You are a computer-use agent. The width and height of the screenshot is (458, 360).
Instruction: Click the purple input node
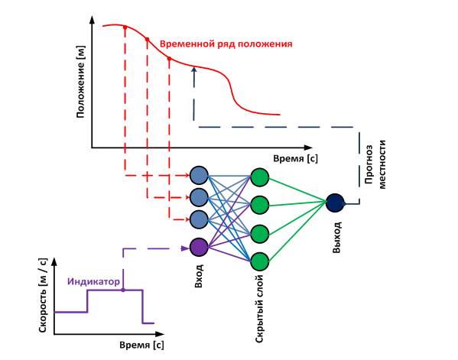(199, 248)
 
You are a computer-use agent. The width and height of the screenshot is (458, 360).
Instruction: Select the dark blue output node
(335, 203)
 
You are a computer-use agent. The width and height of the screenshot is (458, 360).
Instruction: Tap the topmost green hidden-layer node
(260, 177)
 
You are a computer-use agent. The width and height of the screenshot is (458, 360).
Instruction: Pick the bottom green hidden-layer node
(260, 261)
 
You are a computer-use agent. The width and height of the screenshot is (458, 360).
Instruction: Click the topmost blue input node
(199, 175)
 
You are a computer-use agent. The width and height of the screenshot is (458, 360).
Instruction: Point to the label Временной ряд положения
(226, 44)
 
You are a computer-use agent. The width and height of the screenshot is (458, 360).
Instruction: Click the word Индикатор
(93, 281)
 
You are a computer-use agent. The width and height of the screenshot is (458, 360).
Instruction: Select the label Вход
(199, 276)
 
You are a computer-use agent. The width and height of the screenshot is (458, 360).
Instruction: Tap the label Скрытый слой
(259, 309)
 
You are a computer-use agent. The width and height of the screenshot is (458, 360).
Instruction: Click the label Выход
(336, 237)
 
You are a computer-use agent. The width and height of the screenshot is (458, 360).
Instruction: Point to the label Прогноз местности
(375, 164)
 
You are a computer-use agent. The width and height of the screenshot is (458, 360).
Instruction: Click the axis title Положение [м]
(80, 82)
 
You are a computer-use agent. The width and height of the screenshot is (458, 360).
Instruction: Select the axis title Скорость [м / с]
(43, 295)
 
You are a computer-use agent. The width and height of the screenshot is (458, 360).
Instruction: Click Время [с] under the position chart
(296, 158)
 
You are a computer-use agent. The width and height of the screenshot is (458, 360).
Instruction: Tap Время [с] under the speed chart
(141, 345)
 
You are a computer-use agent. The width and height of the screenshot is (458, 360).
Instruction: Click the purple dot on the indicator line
(123, 290)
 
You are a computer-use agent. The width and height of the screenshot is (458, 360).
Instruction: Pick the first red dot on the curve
(125, 28)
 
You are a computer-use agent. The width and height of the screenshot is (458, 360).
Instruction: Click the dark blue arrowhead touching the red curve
(193, 70)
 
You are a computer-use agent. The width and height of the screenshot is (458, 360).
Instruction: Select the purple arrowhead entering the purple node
(185, 248)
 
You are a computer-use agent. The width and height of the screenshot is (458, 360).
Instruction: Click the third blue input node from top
(199, 219)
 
